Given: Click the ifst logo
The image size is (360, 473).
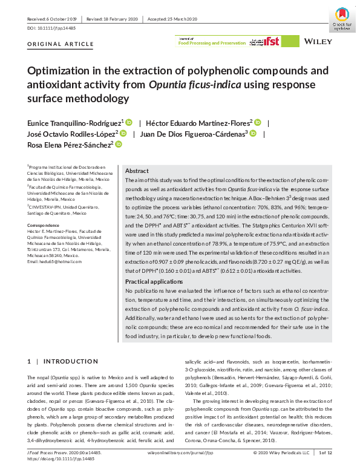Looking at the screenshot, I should [x=269, y=42].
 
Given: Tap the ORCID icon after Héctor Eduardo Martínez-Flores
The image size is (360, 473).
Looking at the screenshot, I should [x=258, y=122].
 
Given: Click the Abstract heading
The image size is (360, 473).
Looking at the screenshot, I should [x=136, y=171].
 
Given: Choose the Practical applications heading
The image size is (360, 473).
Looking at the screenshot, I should [x=154, y=282].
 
